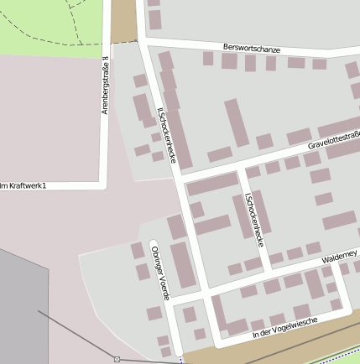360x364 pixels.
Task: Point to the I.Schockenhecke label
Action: click(x=253, y=220)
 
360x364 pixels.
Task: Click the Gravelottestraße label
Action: click(x=333, y=140)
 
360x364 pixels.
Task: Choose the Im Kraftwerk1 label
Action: click(x=23, y=185)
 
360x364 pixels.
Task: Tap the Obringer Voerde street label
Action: click(x=159, y=273)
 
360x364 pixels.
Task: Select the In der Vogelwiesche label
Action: click(x=284, y=328)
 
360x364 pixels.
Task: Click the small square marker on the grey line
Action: click(x=117, y=359)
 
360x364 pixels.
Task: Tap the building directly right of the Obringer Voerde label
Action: click(x=182, y=265)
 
